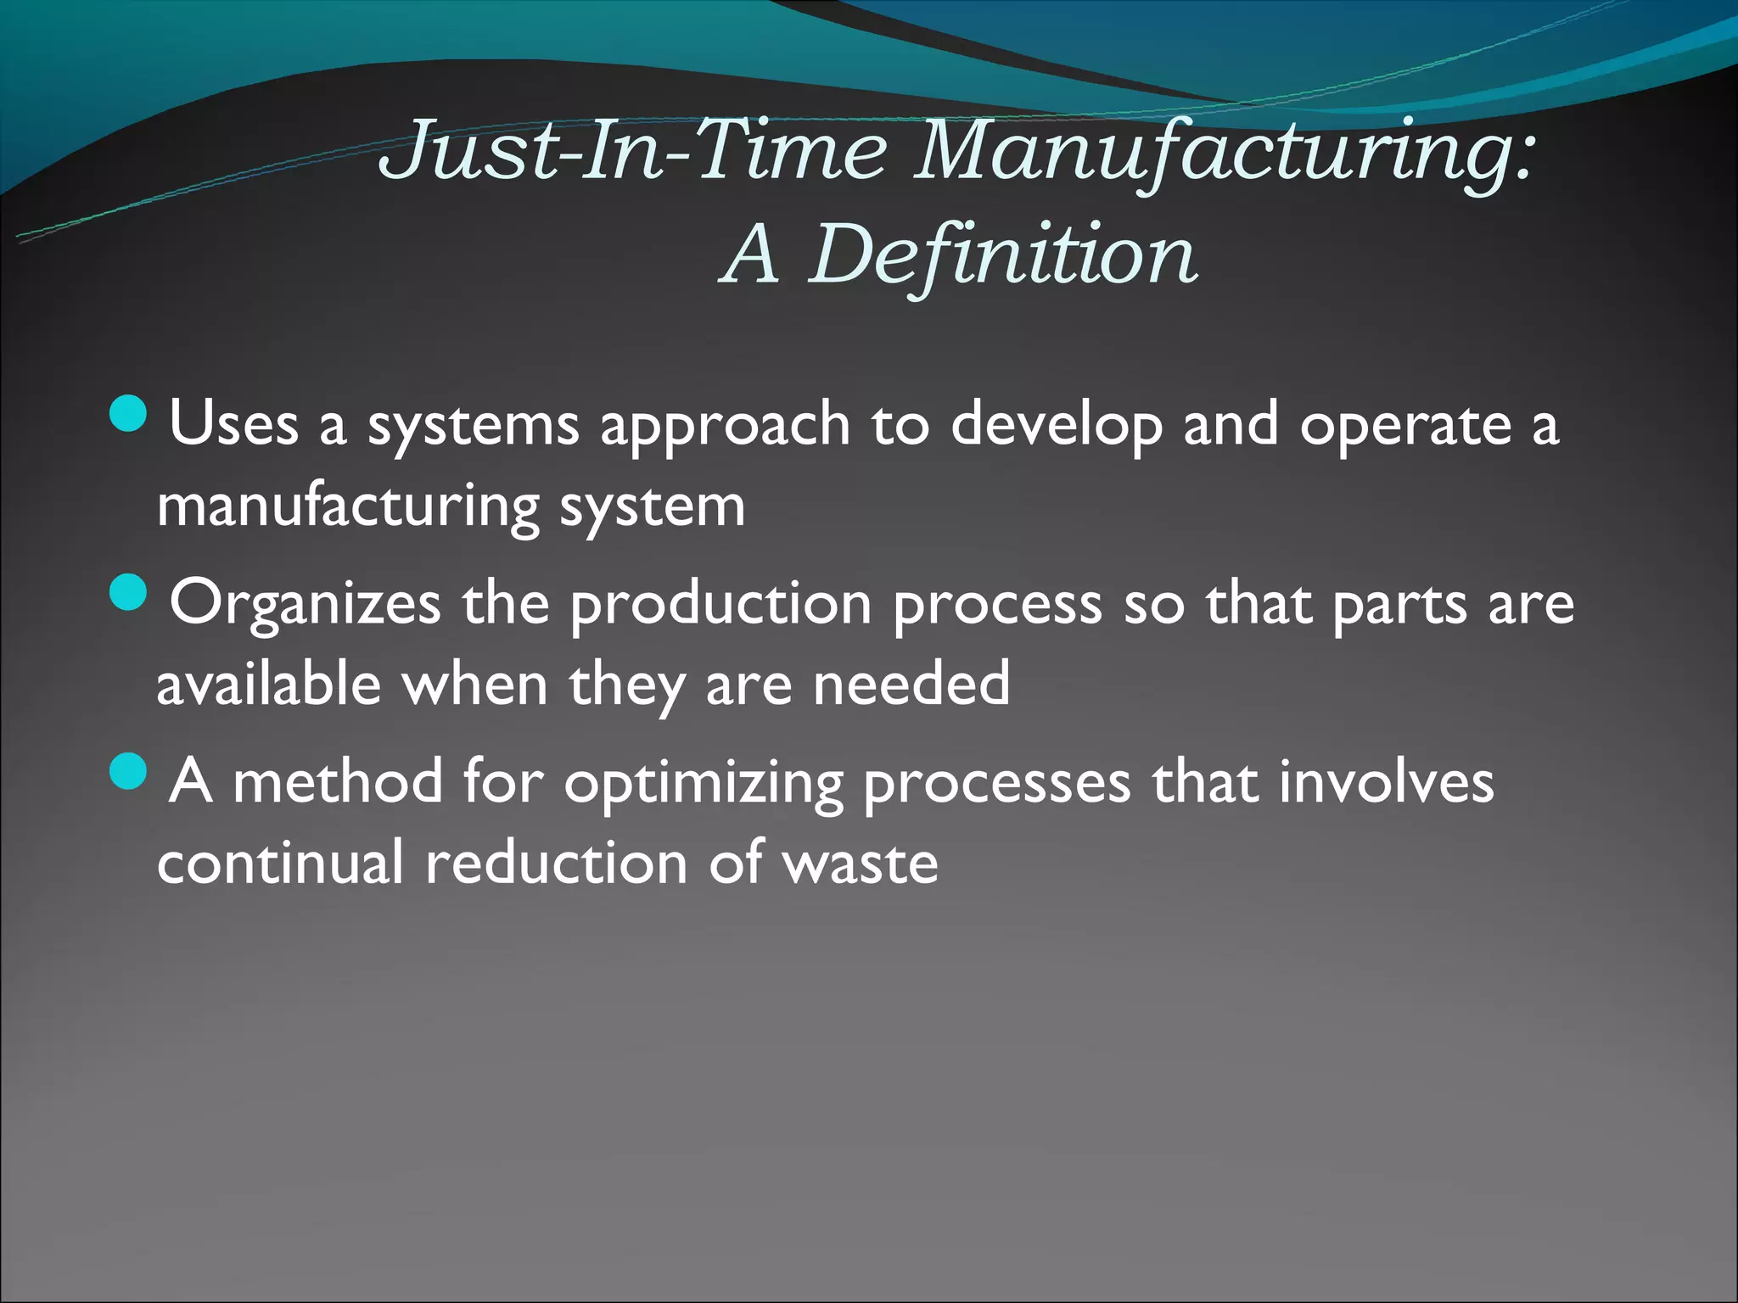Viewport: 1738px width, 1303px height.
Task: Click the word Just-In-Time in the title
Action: pos(633,151)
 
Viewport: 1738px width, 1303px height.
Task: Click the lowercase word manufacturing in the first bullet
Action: pos(348,507)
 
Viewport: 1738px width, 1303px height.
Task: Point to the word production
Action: pos(720,605)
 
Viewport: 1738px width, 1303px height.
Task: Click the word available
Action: pos(269,684)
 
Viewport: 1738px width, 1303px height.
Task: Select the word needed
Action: pos(911,684)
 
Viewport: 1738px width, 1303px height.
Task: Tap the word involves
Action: pos(1386,782)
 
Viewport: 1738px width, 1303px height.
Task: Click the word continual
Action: pos(280,863)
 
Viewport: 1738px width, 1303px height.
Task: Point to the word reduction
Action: pos(556,863)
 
